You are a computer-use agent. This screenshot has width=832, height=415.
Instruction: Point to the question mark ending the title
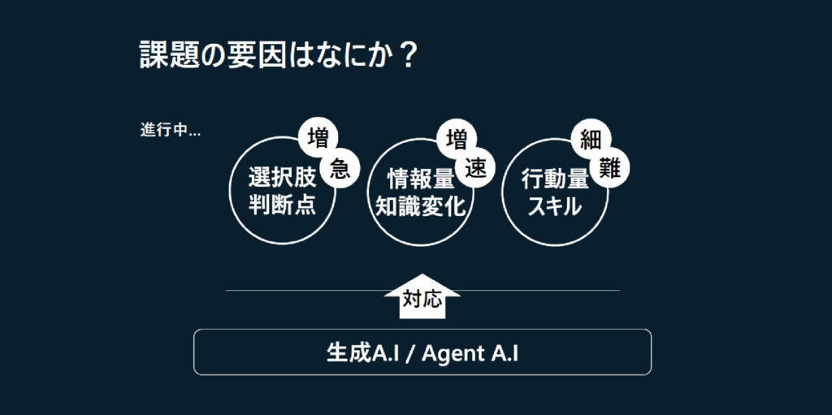(408, 55)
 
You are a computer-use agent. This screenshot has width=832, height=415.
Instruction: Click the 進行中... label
(171, 131)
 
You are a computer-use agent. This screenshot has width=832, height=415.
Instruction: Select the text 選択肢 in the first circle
(282, 179)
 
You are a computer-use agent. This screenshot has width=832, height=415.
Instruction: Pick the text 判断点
(282, 205)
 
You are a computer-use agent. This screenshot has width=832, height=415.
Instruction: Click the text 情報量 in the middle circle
(421, 179)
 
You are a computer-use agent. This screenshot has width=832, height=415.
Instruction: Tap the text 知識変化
(421, 206)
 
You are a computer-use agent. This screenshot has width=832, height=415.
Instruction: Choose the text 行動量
(555, 179)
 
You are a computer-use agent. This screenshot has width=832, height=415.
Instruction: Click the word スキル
(555, 206)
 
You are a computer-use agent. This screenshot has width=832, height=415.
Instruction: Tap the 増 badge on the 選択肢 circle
(318, 138)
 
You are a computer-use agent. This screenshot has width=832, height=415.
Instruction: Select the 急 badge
(340, 169)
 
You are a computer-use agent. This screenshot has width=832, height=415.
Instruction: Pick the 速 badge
(474, 169)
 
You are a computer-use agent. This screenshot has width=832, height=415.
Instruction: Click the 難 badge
(609, 169)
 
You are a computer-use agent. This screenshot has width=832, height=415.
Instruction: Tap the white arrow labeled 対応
(422, 296)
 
